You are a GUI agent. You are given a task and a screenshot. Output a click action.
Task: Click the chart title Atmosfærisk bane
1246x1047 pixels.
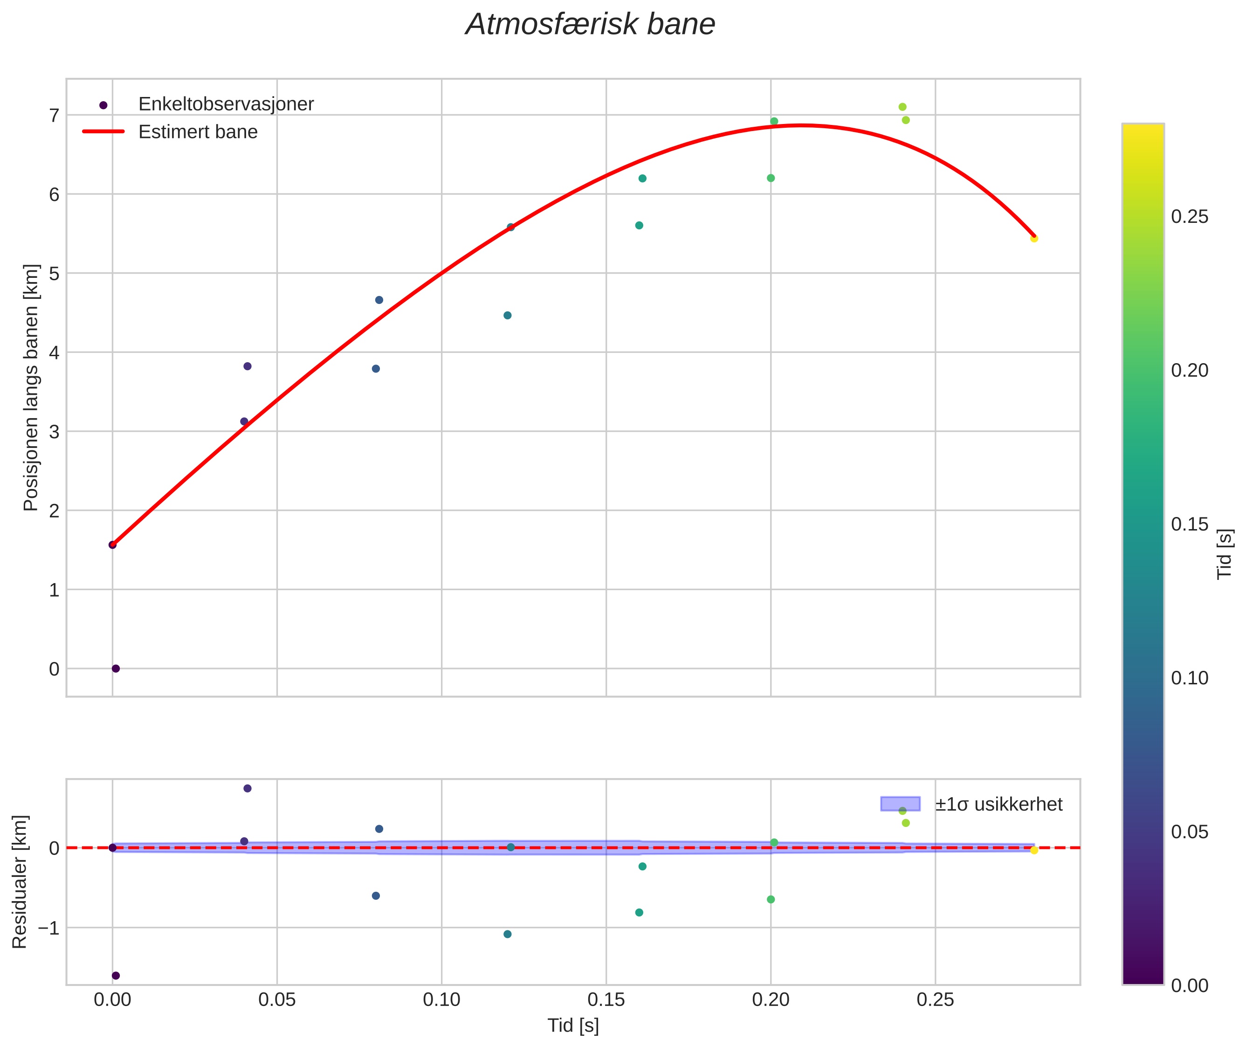(x=590, y=25)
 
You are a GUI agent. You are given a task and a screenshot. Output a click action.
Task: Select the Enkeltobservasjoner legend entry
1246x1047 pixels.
(x=226, y=104)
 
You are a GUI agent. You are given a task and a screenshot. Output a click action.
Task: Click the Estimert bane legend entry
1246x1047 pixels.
(x=198, y=132)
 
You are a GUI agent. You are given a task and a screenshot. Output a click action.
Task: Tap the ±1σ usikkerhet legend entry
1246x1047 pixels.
(x=998, y=804)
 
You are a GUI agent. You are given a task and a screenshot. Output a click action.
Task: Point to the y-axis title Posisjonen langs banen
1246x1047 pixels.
(x=31, y=387)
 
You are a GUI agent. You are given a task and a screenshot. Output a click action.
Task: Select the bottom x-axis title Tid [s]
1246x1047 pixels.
(x=573, y=1025)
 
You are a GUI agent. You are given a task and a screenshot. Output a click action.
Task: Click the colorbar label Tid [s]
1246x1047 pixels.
(x=1225, y=553)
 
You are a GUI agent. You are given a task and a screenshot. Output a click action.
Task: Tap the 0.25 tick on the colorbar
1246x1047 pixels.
(x=1189, y=217)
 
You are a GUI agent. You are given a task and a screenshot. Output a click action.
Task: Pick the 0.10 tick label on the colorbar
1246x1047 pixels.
(x=1189, y=678)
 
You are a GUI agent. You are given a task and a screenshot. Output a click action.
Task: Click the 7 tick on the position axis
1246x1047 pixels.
(x=55, y=115)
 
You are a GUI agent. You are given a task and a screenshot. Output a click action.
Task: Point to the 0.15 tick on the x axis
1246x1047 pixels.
(x=606, y=999)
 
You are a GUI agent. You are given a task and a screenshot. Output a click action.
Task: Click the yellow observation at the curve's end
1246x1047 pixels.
(x=1034, y=239)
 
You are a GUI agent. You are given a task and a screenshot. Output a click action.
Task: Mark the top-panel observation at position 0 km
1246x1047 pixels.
(x=116, y=669)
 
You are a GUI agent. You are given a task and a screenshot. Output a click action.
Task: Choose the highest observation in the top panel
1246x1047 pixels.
(x=902, y=107)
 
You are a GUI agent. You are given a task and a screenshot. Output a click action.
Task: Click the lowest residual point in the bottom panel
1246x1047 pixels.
(x=116, y=976)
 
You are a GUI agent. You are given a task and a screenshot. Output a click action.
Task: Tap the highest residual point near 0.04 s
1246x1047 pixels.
(x=248, y=788)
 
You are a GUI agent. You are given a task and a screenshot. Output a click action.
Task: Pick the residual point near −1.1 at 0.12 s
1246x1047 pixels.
(x=508, y=934)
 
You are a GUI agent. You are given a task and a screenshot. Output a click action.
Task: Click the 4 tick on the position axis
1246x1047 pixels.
(x=55, y=352)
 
